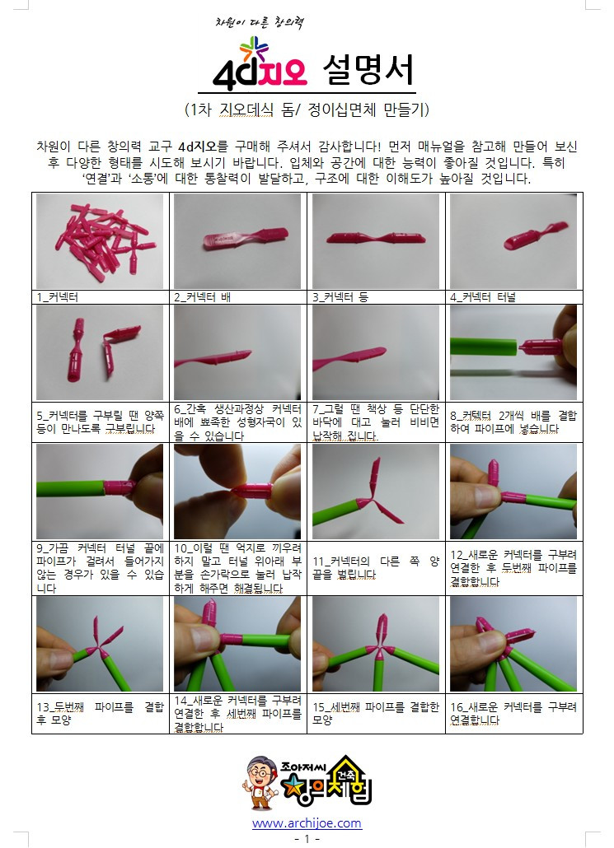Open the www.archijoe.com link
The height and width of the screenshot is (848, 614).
[x=307, y=822]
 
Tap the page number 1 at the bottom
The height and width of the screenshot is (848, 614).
[x=307, y=838]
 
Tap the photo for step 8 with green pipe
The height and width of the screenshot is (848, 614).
[x=513, y=352]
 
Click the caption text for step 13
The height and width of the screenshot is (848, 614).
[x=101, y=713]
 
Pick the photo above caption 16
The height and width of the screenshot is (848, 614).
[x=513, y=644]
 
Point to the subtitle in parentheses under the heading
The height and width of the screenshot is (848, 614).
[x=307, y=109]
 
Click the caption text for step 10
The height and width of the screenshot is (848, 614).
[x=238, y=568]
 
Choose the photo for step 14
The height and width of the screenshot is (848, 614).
[x=238, y=644]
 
